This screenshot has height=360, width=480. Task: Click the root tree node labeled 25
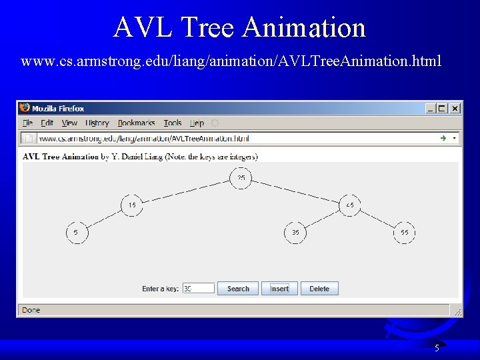tap(241, 178)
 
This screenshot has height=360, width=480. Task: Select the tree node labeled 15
tap(132, 205)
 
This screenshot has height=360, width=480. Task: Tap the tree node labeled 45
tap(350, 205)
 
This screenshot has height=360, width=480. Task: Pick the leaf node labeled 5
tap(76, 233)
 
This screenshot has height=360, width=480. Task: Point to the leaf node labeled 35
tap(295, 233)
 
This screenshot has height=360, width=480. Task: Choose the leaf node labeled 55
tap(405, 233)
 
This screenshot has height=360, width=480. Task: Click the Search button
tap(238, 289)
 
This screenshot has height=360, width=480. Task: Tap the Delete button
tap(319, 289)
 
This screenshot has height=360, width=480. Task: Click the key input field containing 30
tap(199, 289)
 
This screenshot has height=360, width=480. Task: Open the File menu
tap(27, 123)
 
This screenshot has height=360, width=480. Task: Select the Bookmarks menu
tap(136, 123)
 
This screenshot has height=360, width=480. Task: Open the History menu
tap(97, 123)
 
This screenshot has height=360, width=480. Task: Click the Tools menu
tap(173, 123)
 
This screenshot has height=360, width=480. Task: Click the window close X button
tap(455, 108)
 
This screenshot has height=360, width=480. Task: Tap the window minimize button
tap(430, 108)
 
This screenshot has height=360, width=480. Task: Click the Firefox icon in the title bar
tap(25, 108)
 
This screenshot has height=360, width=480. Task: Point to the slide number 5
tap(437, 347)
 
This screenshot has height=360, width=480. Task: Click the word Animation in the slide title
tap(304, 28)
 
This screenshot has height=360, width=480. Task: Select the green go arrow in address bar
tap(443, 138)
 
